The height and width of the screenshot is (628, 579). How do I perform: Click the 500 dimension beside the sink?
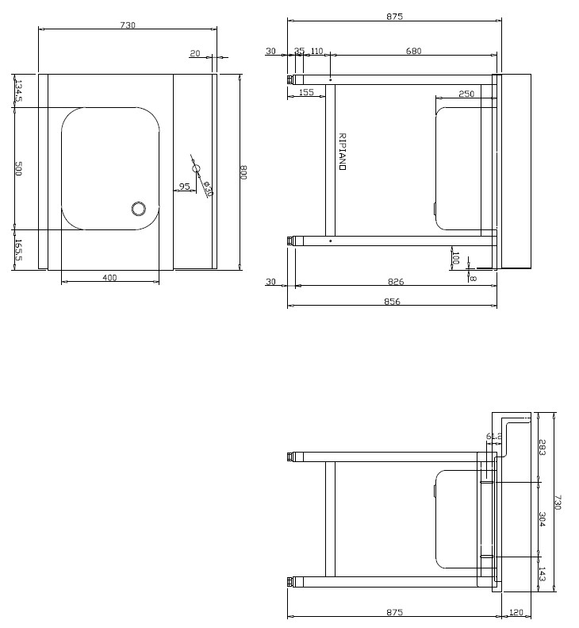(x=19, y=168)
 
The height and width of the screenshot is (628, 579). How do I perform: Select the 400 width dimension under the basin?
(x=109, y=277)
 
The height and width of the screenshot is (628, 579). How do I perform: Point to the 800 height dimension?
(x=243, y=172)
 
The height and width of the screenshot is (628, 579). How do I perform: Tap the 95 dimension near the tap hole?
(x=184, y=187)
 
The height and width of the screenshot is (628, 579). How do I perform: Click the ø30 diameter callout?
(x=207, y=189)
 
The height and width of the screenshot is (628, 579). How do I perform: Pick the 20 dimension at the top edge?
(x=194, y=54)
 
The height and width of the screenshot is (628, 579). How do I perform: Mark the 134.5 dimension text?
(x=19, y=91)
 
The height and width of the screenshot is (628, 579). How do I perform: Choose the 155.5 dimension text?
(x=19, y=250)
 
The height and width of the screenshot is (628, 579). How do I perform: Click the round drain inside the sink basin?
(x=139, y=209)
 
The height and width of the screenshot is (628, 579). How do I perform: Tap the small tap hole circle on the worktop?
(x=197, y=169)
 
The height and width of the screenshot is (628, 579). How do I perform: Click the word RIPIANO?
(x=342, y=152)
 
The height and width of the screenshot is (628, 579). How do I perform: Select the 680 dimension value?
(x=413, y=51)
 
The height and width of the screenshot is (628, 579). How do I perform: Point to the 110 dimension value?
(x=316, y=51)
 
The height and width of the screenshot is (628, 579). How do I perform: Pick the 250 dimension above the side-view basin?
(x=466, y=94)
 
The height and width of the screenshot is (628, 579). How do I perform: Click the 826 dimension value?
(x=394, y=281)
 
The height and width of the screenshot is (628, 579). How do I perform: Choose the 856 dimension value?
(x=392, y=301)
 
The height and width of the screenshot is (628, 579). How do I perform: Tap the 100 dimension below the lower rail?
(x=454, y=258)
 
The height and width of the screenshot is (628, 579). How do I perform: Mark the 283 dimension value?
(x=542, y=447)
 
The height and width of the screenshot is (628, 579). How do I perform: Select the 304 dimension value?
(x=542, y=519)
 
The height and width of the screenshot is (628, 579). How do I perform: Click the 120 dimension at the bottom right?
(x=516, y=612)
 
